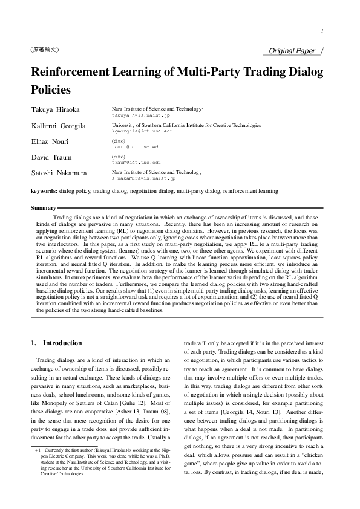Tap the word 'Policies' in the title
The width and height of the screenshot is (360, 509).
pyautogui.click(x=51, y=90)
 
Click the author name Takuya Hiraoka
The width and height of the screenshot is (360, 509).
pyautogui.click(x=55, y=109)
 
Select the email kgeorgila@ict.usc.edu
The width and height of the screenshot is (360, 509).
pyautogui.click(x=142, y=131)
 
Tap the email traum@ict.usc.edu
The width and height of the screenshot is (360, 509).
pyautogui.click(x=136, y=163)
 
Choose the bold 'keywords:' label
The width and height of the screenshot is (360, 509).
pyautogui.click(x=44, y=191)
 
